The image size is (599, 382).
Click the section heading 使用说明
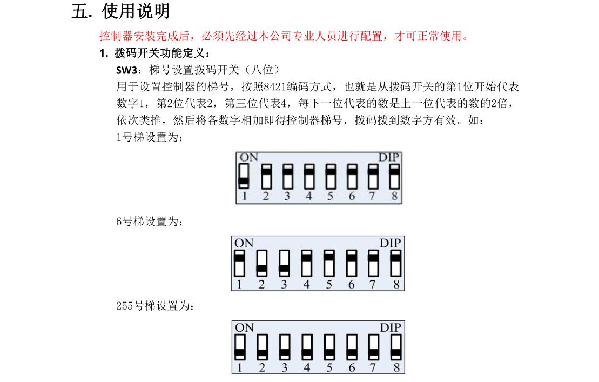[136, 11]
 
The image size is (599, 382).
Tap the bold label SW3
[127, 70]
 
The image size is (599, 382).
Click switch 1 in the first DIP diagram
[244, 177]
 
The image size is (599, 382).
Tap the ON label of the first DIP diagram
[248, 157]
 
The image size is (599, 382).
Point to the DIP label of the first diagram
[389, 157]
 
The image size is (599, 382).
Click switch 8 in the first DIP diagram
[395, 177]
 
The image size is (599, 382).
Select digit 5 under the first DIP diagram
[331, 196]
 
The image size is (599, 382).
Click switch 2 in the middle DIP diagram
[261, 263]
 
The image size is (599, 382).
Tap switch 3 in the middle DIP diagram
[284, 263]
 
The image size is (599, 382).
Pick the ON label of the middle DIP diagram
[244, 243]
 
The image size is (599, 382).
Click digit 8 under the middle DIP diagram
[396, 284]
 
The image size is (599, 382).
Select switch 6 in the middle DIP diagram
[352, 263]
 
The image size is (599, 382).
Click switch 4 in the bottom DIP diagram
[307, 347]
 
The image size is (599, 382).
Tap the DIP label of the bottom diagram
[391, 328]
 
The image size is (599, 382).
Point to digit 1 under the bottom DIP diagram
[239, 367]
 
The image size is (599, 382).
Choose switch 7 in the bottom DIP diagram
[374, 347]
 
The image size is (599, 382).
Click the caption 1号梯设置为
[150, 137]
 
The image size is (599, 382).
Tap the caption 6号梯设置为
[150, 222]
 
